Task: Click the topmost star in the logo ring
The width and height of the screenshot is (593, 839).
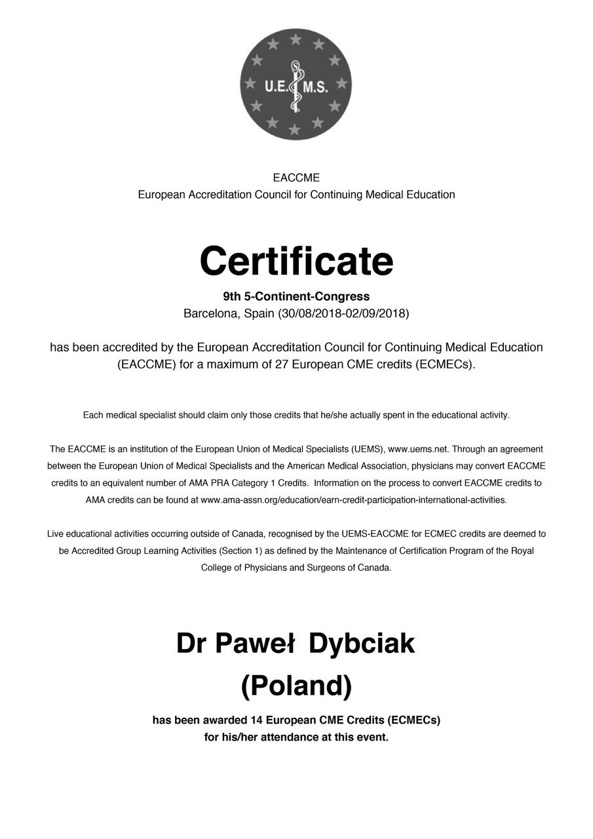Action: (296, 39)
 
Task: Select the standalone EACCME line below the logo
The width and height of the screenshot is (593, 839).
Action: (296, 178)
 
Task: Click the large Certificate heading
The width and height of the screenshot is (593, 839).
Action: (296, 260)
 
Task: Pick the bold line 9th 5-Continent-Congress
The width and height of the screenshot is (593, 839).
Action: (296, 296)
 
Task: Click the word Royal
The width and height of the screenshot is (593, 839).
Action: (522, 551)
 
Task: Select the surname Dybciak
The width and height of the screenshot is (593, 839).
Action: (362, 644)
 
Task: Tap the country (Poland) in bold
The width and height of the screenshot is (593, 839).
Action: (296, 686)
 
